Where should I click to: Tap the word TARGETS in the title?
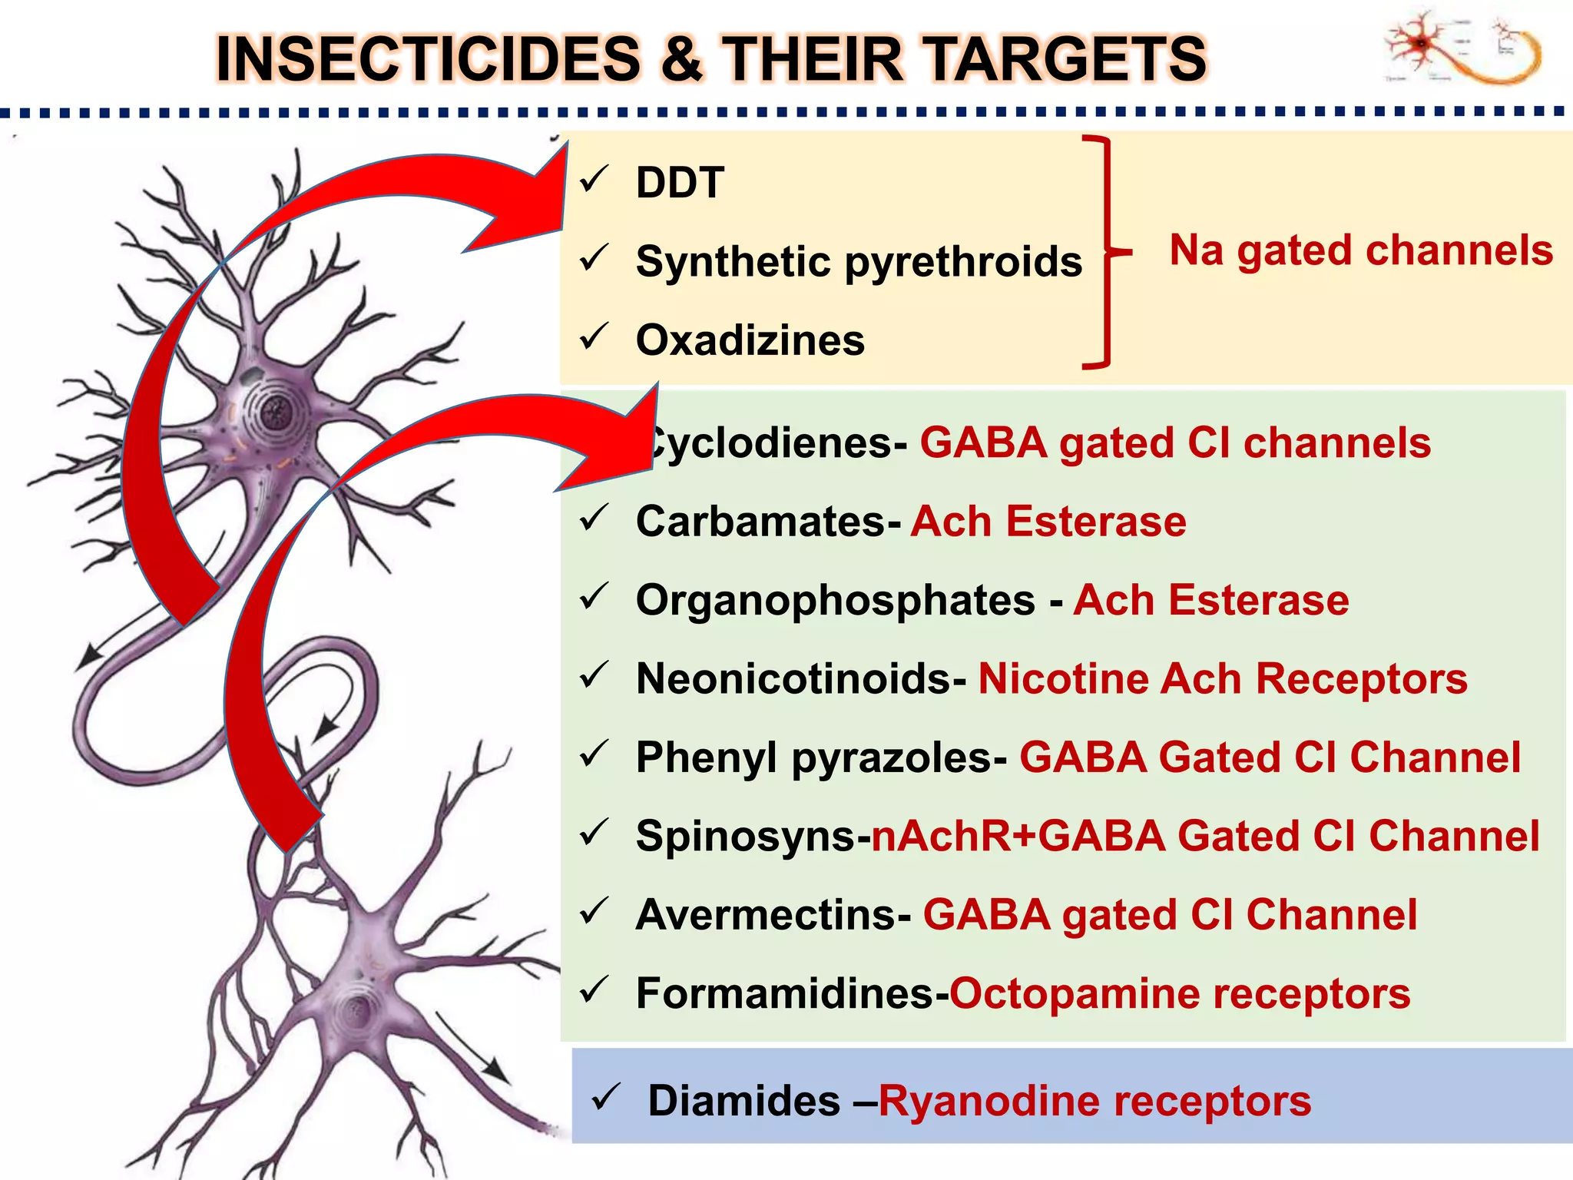tap(1068, 59)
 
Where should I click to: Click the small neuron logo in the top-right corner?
tap(1463, 48)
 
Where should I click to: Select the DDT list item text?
tap(680, 183)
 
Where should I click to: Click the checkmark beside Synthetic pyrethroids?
tap(594, 258)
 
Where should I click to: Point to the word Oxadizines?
tap(750, 340)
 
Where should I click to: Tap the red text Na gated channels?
tap(1360, 250)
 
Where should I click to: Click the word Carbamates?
tap(760, 522)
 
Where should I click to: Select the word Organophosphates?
tap(835, 600)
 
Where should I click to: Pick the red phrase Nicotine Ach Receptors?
tap(1222, 679)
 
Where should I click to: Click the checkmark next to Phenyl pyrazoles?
tap(594, 754)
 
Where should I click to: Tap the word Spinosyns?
tap(745, 836)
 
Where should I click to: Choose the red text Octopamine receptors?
tap(1180, 993)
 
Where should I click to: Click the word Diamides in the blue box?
tap(743, 1101)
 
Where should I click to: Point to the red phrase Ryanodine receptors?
tap(1094, 1101)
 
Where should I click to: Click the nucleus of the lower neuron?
tap(358, 1006)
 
